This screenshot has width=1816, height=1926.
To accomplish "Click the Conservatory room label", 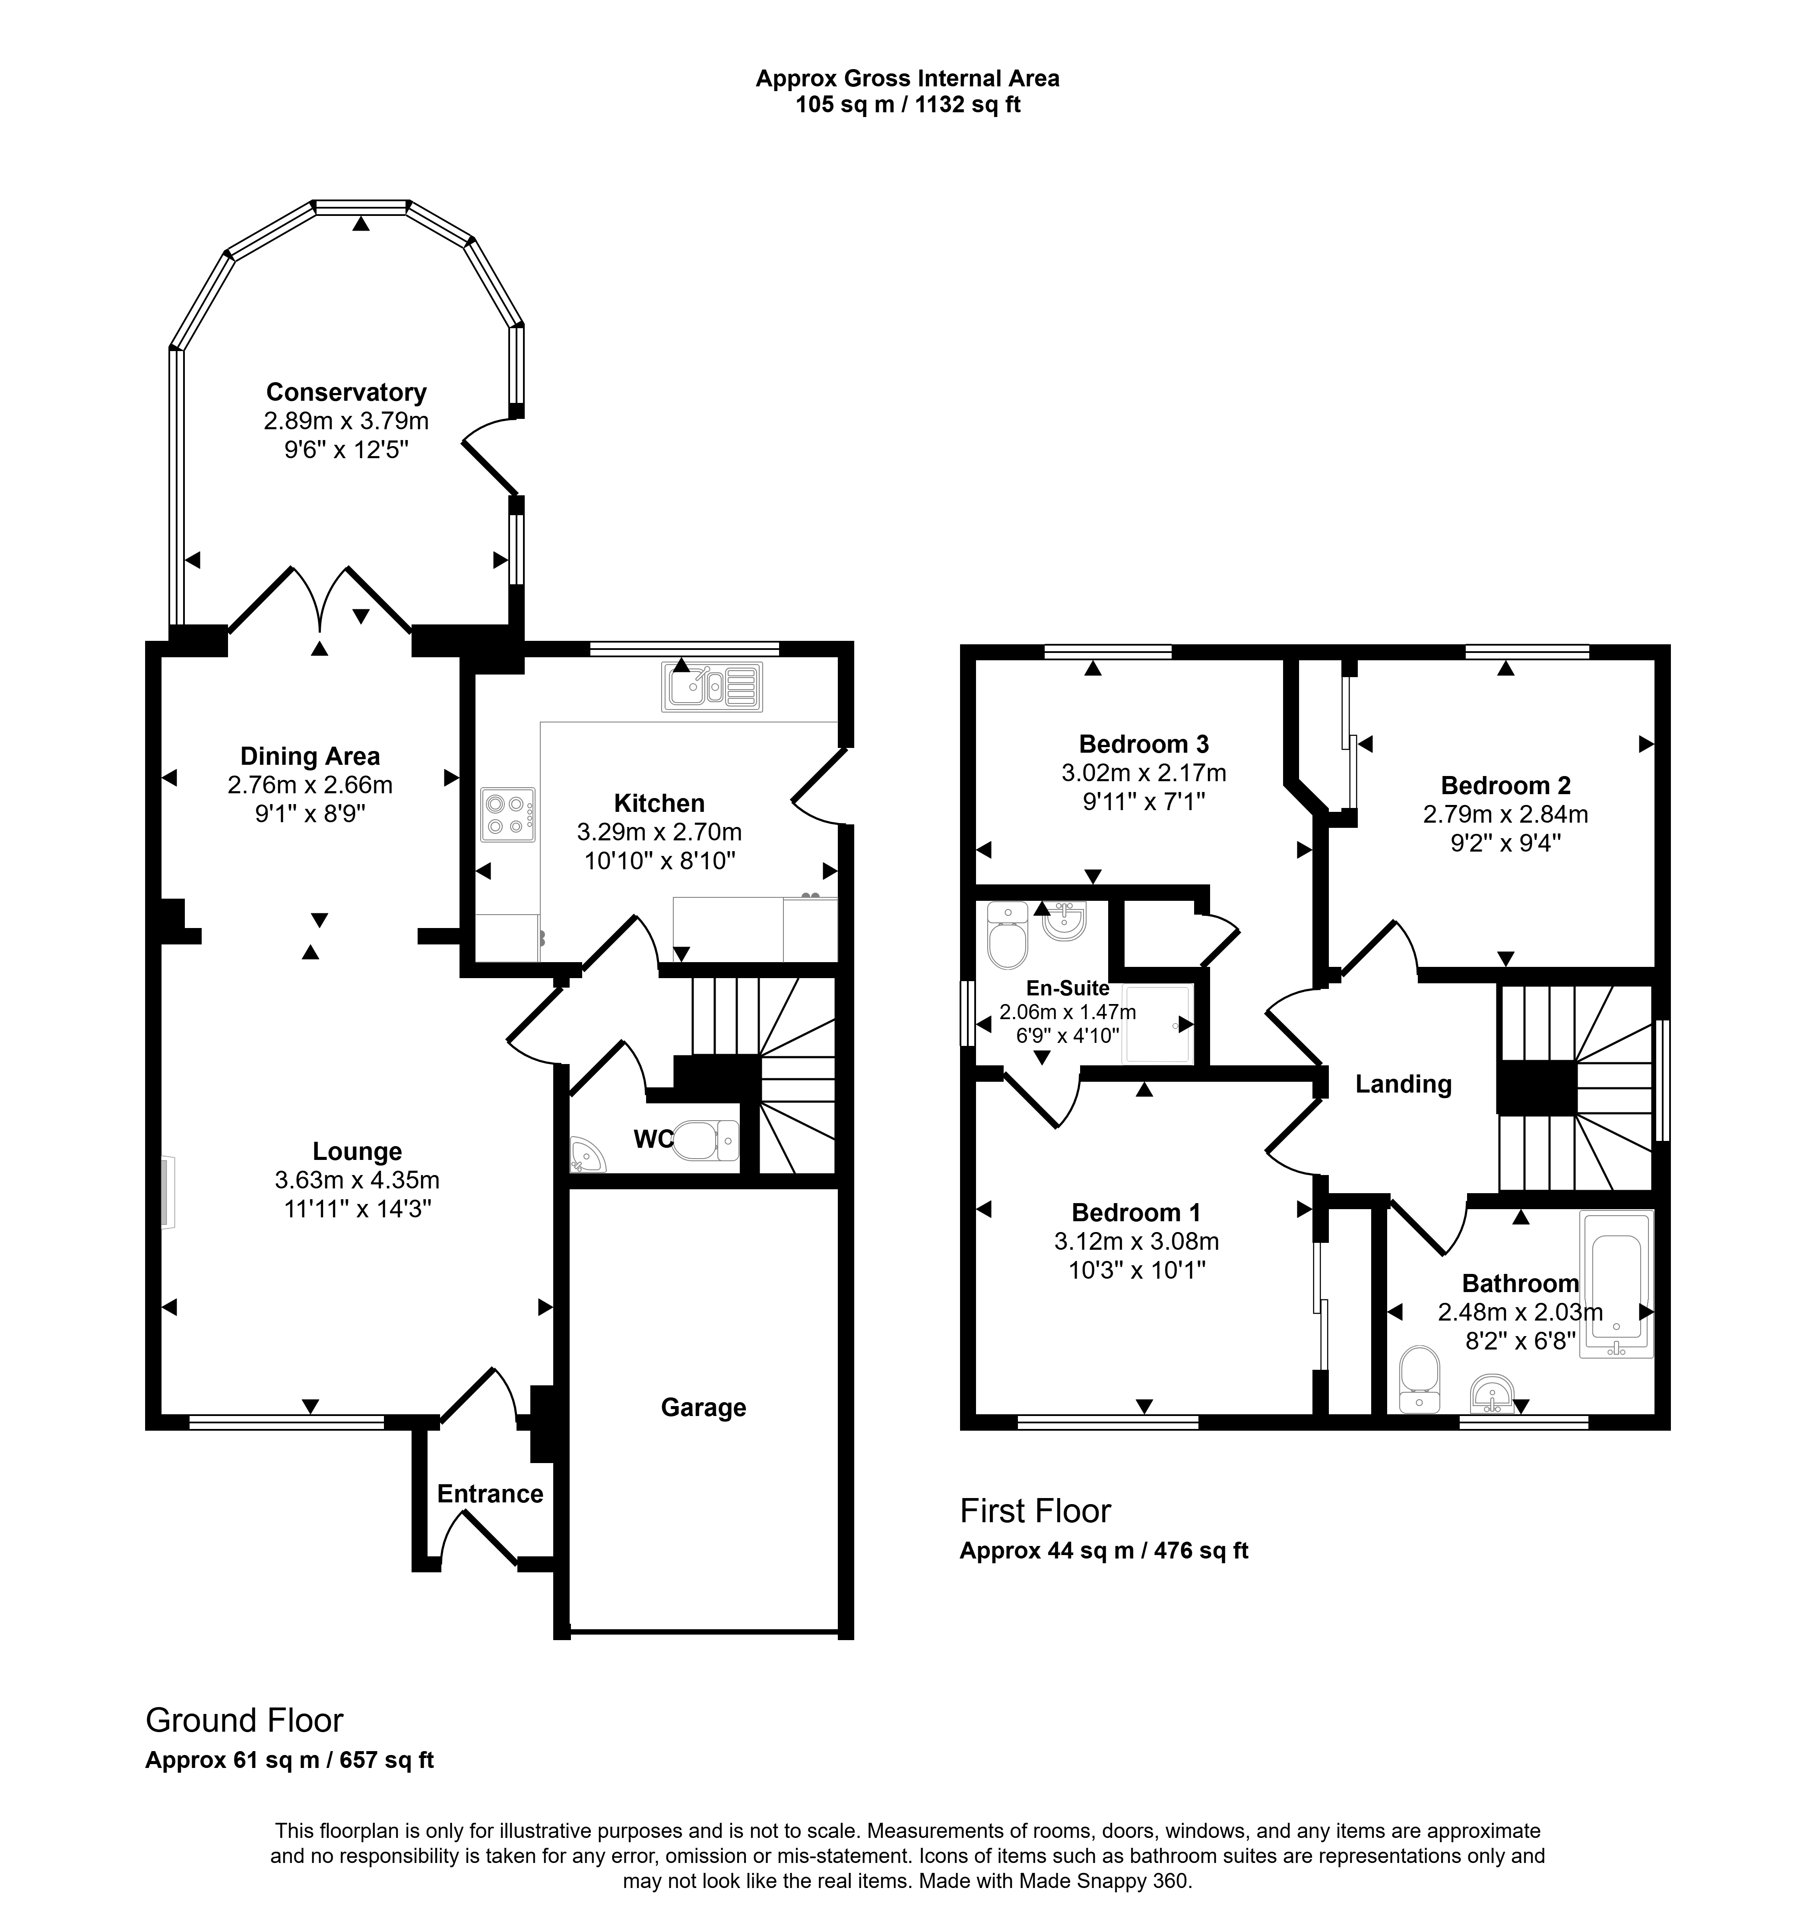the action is coord(346,393).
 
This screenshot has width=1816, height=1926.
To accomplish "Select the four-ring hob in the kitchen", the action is coord(508,814).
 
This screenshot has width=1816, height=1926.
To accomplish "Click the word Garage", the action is coord(704,1408).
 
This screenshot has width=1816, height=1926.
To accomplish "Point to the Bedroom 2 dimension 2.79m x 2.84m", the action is coord(1506,815).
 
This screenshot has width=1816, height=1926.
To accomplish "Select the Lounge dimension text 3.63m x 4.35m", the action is coord(358,1180).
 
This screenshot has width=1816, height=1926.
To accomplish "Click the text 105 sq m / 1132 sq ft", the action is coord(908,105).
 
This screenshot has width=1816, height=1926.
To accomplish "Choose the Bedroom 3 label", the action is coord(1144,744).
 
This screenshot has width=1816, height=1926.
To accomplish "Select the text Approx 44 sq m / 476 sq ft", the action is coord(1104,1550).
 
